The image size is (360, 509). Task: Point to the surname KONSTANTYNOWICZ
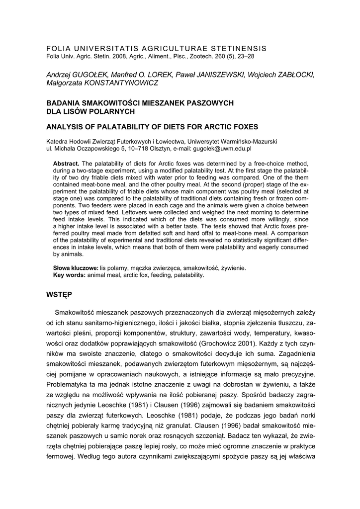(123, 83)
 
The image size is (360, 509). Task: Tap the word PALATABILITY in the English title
(122, 126)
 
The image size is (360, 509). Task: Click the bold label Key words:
(70, 274)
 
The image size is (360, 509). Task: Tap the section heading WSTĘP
(59, 295)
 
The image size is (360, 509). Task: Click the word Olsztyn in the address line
(157, 148)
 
